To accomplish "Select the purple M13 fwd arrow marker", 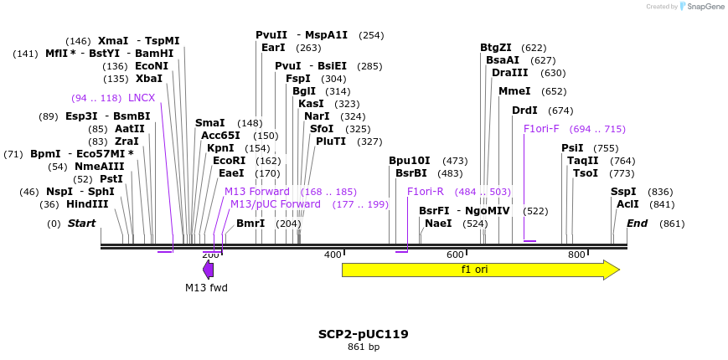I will coord(208,270).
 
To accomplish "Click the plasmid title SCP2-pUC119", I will coord(363,334).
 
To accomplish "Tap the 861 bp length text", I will coord(363,347).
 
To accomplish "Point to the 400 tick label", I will coord(333,255).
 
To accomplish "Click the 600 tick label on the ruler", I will coord(455,255).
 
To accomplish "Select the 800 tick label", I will coord(576,255).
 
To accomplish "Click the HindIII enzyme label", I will coord(87,204).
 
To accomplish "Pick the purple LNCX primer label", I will coord(141,98).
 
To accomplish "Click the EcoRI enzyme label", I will coord(229,160).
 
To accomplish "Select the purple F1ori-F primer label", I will coord(540,129).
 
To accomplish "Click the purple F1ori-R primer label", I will coord(425,192).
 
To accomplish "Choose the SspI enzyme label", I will coord(622,192).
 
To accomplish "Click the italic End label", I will coord(637,224).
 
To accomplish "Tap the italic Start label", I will coord(81,224).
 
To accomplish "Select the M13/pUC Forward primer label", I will coord(275,204).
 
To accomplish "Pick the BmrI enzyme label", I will coord(250,224).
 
